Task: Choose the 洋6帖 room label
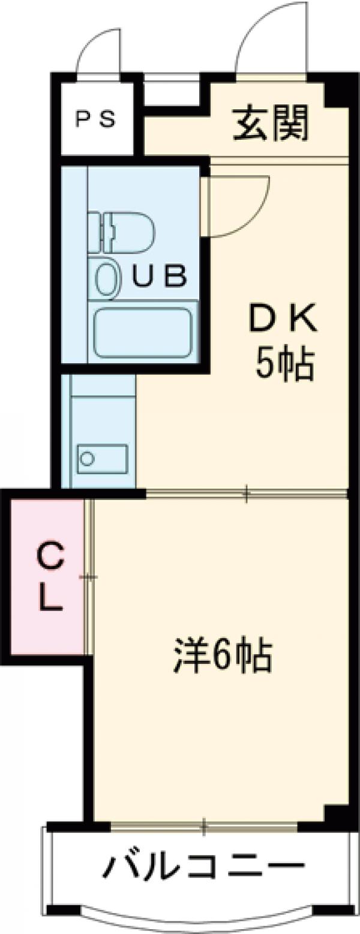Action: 223,656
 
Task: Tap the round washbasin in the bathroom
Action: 107,278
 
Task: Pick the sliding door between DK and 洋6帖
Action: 246,494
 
